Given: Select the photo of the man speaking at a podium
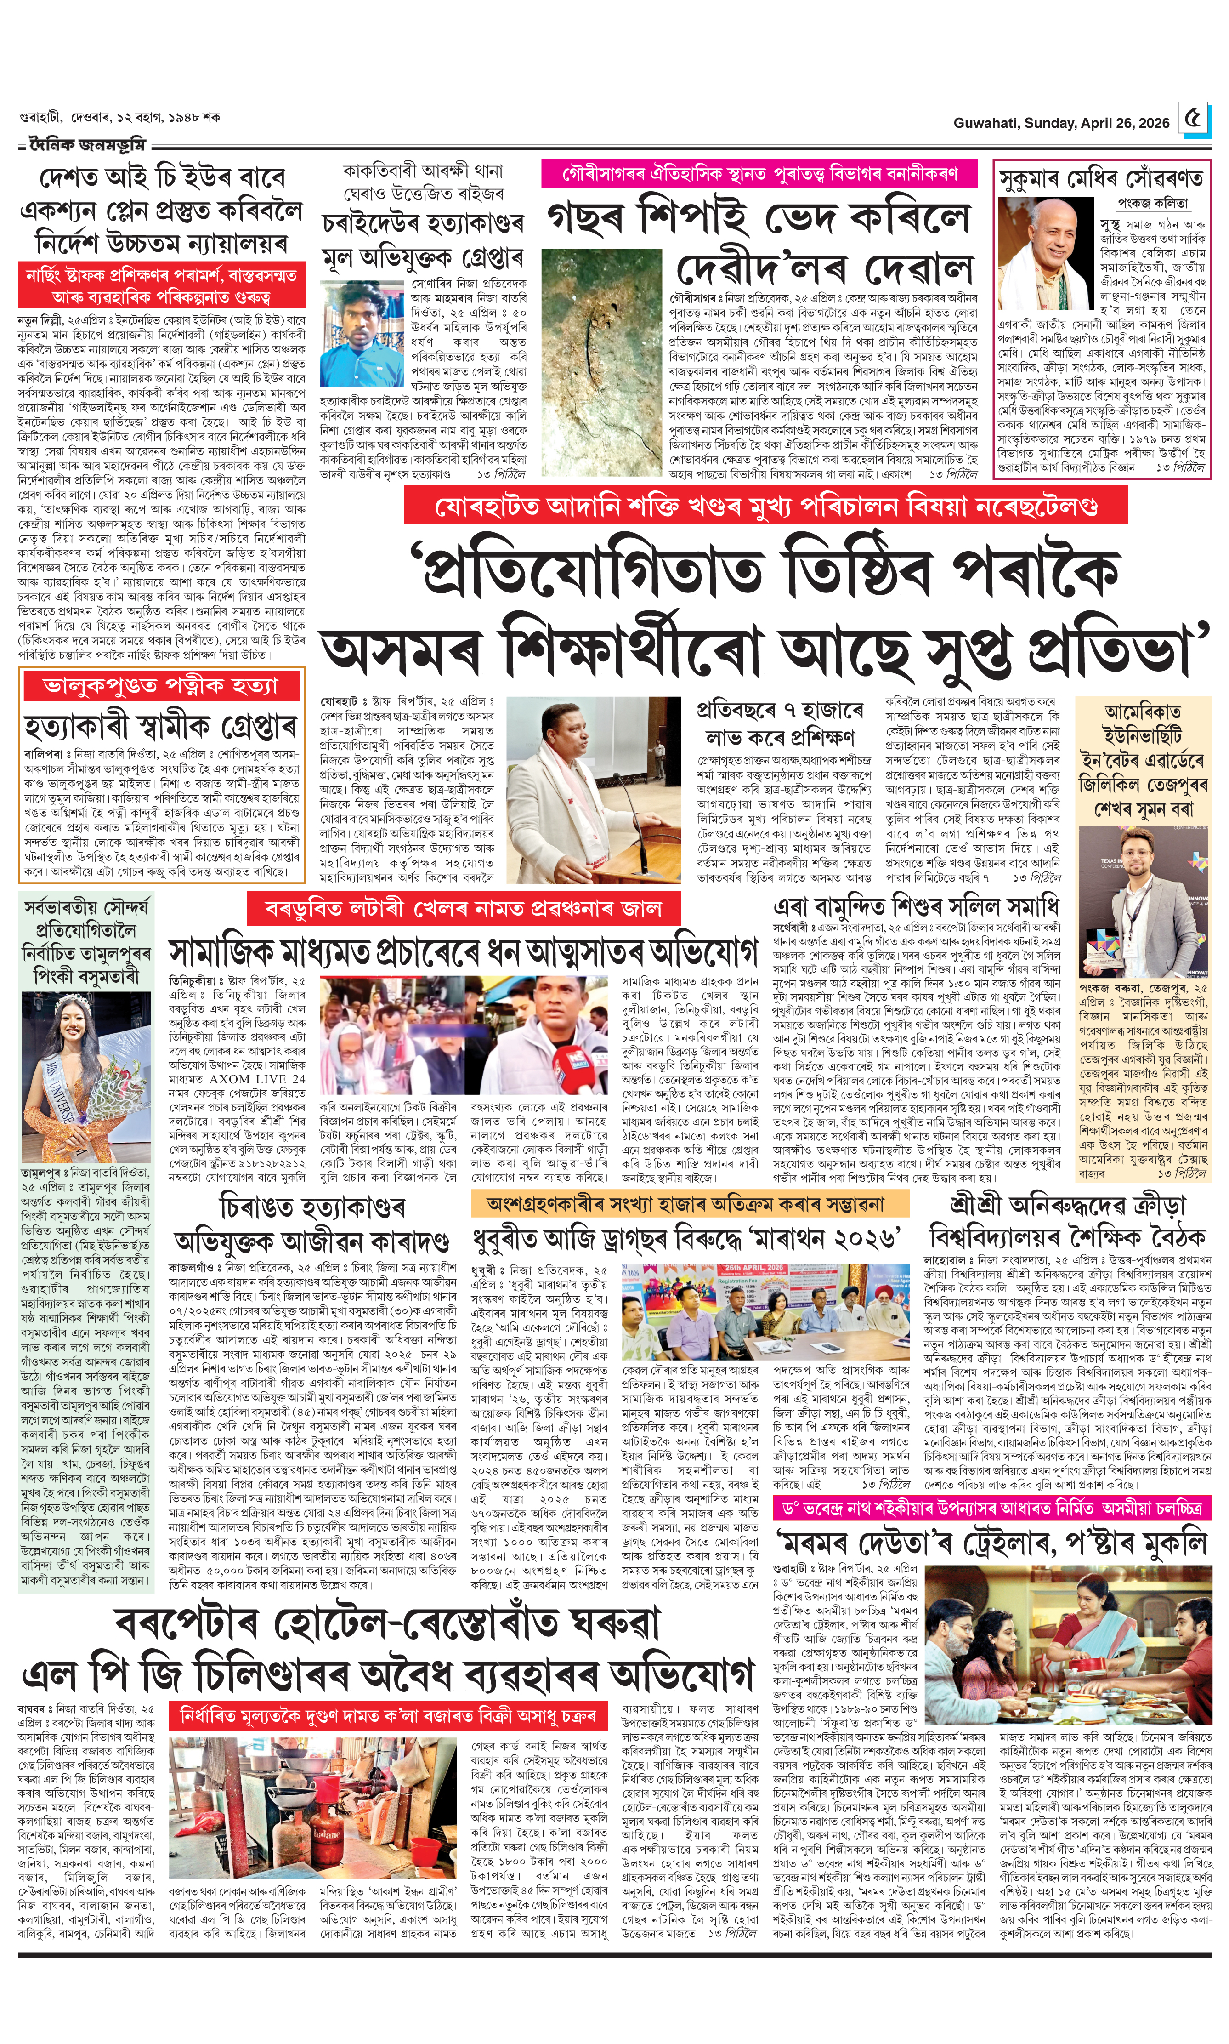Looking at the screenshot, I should click(594, 789).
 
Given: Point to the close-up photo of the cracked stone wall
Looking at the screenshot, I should click(601, 362).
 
